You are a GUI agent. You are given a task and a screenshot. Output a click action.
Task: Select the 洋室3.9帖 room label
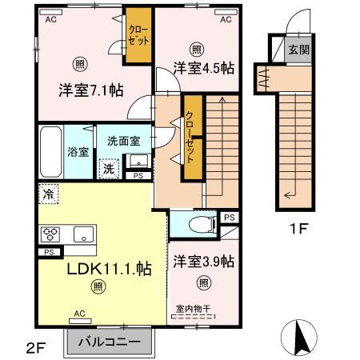[202, 261]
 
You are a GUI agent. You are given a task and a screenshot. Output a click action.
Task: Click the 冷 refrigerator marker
[48, 194]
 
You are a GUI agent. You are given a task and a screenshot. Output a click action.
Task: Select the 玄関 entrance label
[296, 50]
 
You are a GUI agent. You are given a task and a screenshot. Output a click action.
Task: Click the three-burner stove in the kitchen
[50, 234]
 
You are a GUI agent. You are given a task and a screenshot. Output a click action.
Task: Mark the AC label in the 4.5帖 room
[226, 19]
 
